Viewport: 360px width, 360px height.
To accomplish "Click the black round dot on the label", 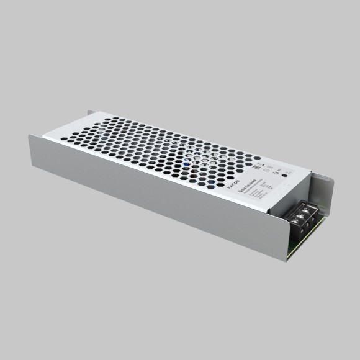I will click(284, 176).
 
